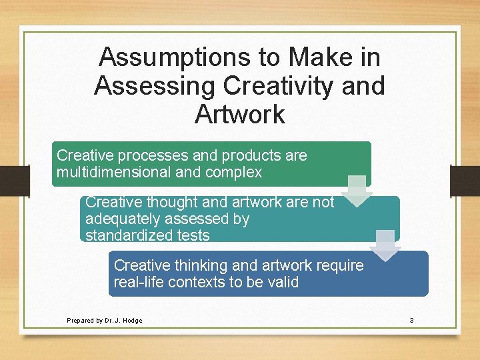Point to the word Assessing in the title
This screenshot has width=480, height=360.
154,86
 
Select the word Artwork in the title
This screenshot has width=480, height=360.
240,114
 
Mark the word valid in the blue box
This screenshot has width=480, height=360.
282,282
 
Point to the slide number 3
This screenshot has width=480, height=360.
411,321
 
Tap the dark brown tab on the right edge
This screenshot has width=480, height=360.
465,181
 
